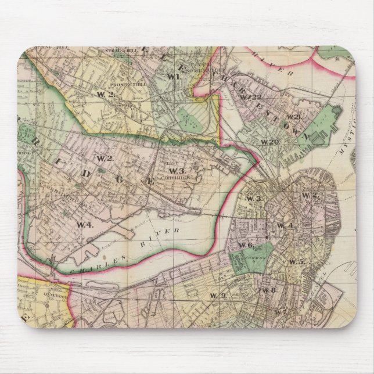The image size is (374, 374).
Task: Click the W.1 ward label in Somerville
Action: pos(172,76)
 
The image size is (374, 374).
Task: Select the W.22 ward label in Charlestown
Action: pos(251,96)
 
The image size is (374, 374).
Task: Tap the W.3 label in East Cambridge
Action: pos(178,171)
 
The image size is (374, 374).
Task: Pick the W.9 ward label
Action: pos(218,296)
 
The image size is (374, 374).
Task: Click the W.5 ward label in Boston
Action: pos(296,262)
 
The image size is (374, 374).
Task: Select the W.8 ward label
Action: pos(268,290)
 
